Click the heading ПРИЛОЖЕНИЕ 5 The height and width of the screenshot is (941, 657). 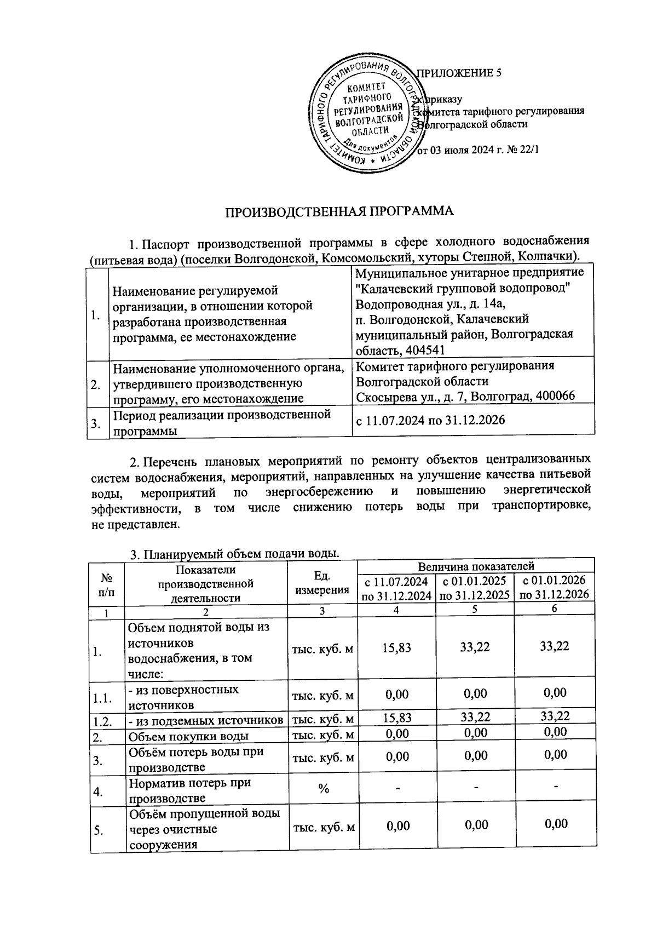(x=459, y=73)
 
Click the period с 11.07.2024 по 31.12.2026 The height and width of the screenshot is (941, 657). (x=430, y=420)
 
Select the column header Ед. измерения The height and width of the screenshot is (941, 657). (x=322, y=583)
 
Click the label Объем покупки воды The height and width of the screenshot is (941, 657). (x=189, y=736)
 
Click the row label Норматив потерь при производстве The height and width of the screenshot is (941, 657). (x=189, y=790)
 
